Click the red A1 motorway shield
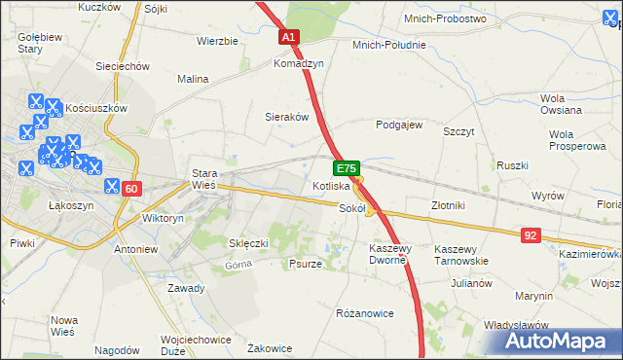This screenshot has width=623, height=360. (x=289, y=38)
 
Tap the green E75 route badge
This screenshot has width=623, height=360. (x=349, y=167)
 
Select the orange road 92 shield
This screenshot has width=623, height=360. (x=531, y=234)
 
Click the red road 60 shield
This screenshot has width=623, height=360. (x=133, y=188)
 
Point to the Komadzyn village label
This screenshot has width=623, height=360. (x=298, y=62)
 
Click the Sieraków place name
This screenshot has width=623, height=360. (x=287, y=117)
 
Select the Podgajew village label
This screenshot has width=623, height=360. (x=399, y=125)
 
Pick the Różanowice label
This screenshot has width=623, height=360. (x=363, y=313)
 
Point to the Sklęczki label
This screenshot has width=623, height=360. (x=247, y=243)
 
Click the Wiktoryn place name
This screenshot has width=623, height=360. (x=163, y=219)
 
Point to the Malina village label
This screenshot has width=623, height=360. (x=192, y=79)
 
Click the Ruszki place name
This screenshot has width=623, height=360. (x=511, y=165)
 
